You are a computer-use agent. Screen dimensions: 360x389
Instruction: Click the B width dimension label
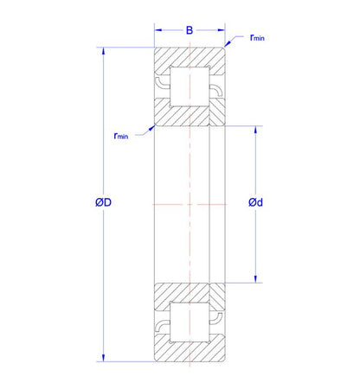190,30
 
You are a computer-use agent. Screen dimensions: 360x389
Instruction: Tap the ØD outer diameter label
103,202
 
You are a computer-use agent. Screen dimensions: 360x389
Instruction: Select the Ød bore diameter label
255,202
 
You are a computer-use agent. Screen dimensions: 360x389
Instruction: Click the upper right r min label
257,37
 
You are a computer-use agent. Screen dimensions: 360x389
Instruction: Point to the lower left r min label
121,136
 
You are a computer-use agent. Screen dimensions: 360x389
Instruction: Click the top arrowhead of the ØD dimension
103,51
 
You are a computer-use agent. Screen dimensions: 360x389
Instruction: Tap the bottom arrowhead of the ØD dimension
103,358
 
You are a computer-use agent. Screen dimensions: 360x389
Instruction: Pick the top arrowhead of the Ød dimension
255,130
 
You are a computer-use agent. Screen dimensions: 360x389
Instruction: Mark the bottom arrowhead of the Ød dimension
255,279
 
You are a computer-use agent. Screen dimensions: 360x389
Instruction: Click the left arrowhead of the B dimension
158,30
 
